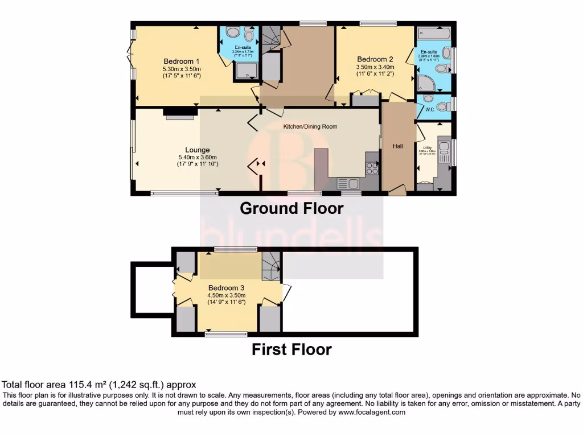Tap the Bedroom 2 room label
click(375, 59)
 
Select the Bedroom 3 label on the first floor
click(226, 287)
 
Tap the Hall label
click(397, 146)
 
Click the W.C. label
click(430, 110)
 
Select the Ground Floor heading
click(291, 208)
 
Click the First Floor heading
click(291, 349)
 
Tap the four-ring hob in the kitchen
click(372, 168)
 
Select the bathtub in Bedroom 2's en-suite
click(433, 32)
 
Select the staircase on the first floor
click(271, 266)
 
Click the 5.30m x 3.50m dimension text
click(182, 69)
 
